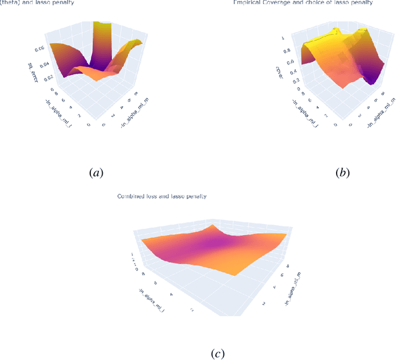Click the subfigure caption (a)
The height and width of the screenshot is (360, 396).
pyautogui.click(x=96, y=173)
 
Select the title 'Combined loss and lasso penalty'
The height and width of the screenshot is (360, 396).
pyautogui.click(x=162, y=196)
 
